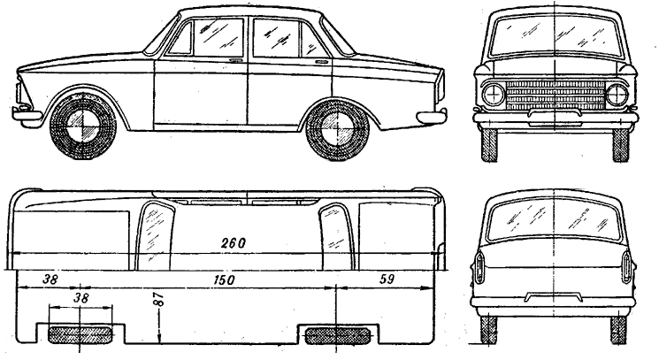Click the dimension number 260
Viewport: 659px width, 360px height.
pyautogui.click(x=234, y=242)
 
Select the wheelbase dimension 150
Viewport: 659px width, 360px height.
pyautogui.click(x=224, y=280)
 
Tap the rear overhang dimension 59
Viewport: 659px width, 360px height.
pyautogui.click(x=387, y=279)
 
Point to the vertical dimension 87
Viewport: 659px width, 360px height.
pyautogui.click(x=160, y=300)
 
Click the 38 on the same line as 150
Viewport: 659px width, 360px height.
pyautogui.click(x=50, y=280)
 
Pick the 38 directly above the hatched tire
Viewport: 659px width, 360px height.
pyautogui.click(x=81, y=298)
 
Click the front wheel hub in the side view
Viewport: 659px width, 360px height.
pyautogui.click(x=82, y=126)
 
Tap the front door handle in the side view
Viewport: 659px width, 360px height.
pyautogui.click(x=236, y=61)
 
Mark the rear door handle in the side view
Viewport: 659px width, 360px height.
pyautogui.click(x=322, y=62)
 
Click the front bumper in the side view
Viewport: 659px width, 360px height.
pyautogui.click(x=26, y=114)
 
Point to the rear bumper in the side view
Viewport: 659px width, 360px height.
pyautogui.click(x=432, y=116)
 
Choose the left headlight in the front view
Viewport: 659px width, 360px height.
pyautogui.click(x=494, y=94)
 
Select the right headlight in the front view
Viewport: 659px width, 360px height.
pyautogui.click(x=617, y=95)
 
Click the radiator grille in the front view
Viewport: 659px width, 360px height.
pyautogui.click(x=556, y=95)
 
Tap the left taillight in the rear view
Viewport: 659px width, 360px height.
pyautogui.click(x=480, y=267)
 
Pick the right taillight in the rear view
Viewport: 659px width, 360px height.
pyautogui.click(x=626, y=267)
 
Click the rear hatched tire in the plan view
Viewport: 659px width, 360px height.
pyautogui.click(x=337, y=335)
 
